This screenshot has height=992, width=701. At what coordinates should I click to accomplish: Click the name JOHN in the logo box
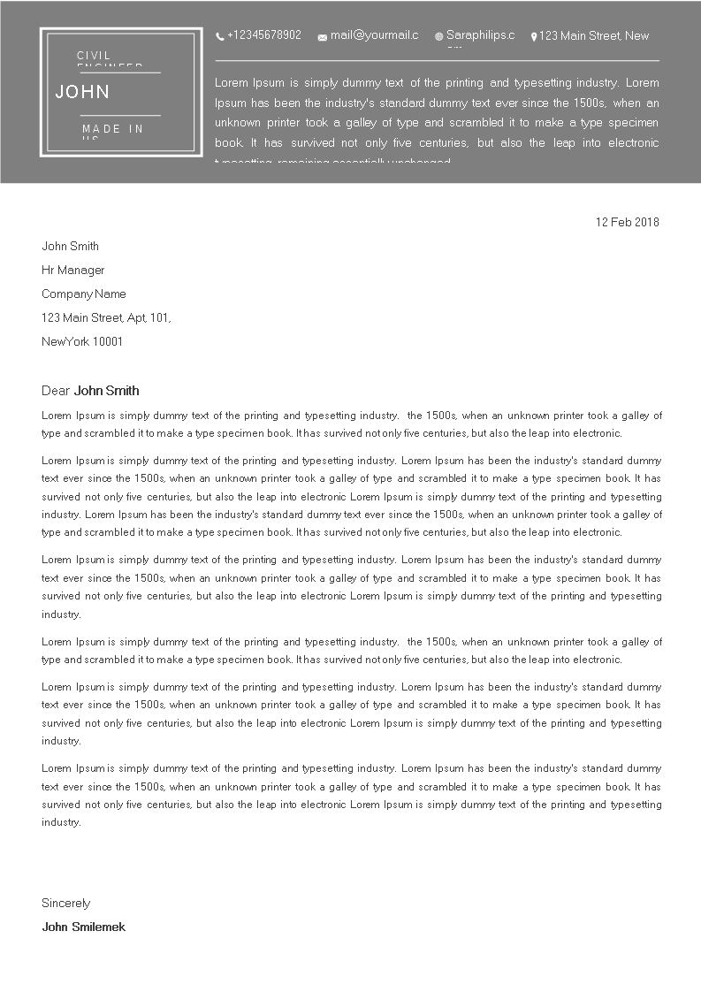pos(82,92)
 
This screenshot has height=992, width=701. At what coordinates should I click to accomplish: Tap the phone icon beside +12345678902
pos(220,36)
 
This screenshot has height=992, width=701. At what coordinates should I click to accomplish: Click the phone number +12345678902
pos(263,35)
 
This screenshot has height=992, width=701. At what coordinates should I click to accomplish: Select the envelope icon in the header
pos(323,37)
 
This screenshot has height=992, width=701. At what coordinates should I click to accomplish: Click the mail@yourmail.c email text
pos(374,35)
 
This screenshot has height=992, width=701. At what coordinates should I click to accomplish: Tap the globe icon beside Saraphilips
pos(438,37)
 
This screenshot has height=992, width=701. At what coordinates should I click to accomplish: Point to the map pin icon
pos(534,37)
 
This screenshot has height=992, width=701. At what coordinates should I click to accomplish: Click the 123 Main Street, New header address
pos(594,36)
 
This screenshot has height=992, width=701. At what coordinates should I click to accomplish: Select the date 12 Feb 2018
pos(628,222)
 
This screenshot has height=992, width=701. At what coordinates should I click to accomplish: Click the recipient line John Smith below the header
pos(70,246)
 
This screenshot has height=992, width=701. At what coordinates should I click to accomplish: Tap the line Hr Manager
pos(72,270)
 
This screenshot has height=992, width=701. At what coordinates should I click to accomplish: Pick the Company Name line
pos(84,294)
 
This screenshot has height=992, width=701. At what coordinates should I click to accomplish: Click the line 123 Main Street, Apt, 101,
pos(106,317)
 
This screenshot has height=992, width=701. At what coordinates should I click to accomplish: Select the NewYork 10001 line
pos(82,341)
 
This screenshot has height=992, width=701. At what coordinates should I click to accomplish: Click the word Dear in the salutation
pos(56,391)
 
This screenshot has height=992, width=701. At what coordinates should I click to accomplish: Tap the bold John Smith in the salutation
pos(107,391)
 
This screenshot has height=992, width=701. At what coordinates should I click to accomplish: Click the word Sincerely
pos(66,903)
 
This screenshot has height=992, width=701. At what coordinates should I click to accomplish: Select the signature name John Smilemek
pos(84,927)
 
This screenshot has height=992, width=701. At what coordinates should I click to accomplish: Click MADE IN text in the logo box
pos(112,129)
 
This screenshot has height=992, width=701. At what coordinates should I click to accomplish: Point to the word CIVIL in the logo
pos(94,56)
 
